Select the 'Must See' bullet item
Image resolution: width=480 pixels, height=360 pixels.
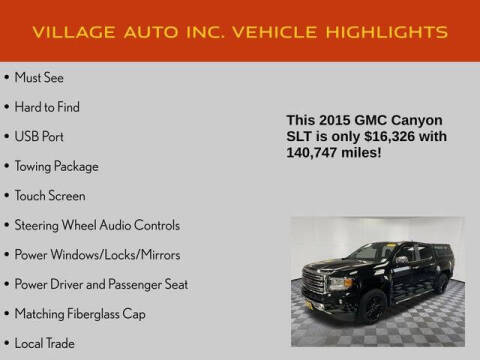click(x=40, y=77)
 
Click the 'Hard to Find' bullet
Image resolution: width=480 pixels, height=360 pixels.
click(x=47, y=107)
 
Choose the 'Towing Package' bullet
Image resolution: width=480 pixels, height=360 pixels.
click(x=56, y=166)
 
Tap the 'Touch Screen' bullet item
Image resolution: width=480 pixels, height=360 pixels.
click(x=50, y=196)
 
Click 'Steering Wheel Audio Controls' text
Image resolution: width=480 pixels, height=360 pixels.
click(x=97, y=225)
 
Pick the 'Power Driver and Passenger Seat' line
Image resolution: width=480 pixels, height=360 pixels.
click(x=101, y=284)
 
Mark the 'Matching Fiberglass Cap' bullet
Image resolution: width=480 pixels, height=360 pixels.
click(x=79, y=313)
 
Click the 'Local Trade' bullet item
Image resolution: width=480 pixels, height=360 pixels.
click(x=46, y=343)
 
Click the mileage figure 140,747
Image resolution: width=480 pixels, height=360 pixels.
click(x=314, y=153)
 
